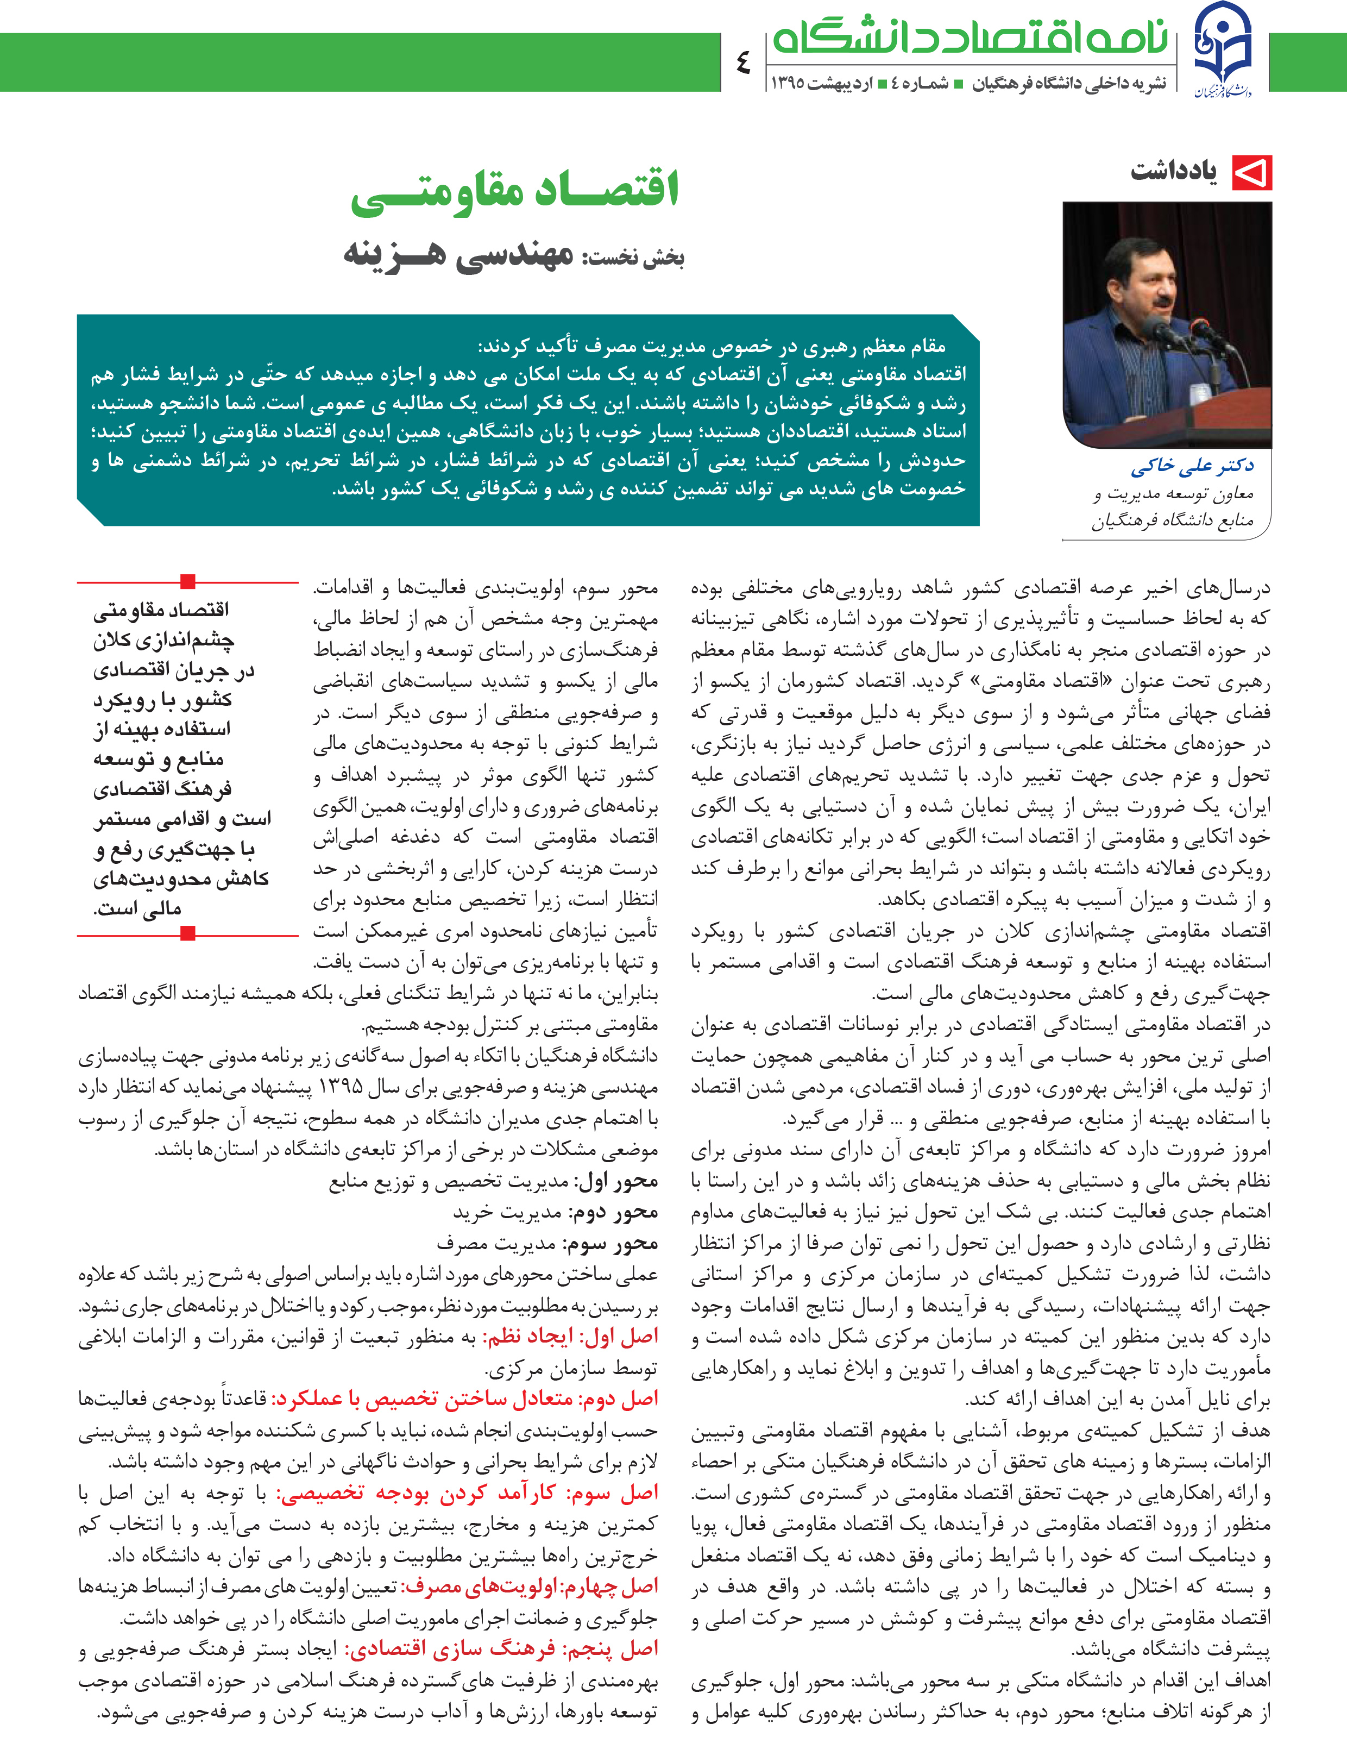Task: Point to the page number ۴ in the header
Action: [x=744, y=62]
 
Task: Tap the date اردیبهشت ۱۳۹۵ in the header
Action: [x=821, y=83]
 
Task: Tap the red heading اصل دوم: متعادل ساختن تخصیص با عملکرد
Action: [x=465, y=1399]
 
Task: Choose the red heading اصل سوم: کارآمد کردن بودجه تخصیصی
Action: [x=468, y=1493]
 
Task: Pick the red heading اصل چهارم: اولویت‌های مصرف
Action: [x=529, y=1586]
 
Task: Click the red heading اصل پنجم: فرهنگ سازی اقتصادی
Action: [x=502, y=1650]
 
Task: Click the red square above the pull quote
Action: [x=188, y=581]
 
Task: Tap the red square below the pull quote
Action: [x=188, y=933]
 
